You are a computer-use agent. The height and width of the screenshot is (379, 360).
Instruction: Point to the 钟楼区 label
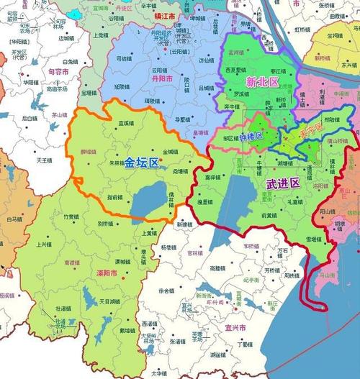(252, 136)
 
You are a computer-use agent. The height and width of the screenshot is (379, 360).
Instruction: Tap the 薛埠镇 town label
(88, 152)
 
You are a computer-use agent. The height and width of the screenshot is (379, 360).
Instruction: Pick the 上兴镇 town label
(45, 245)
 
